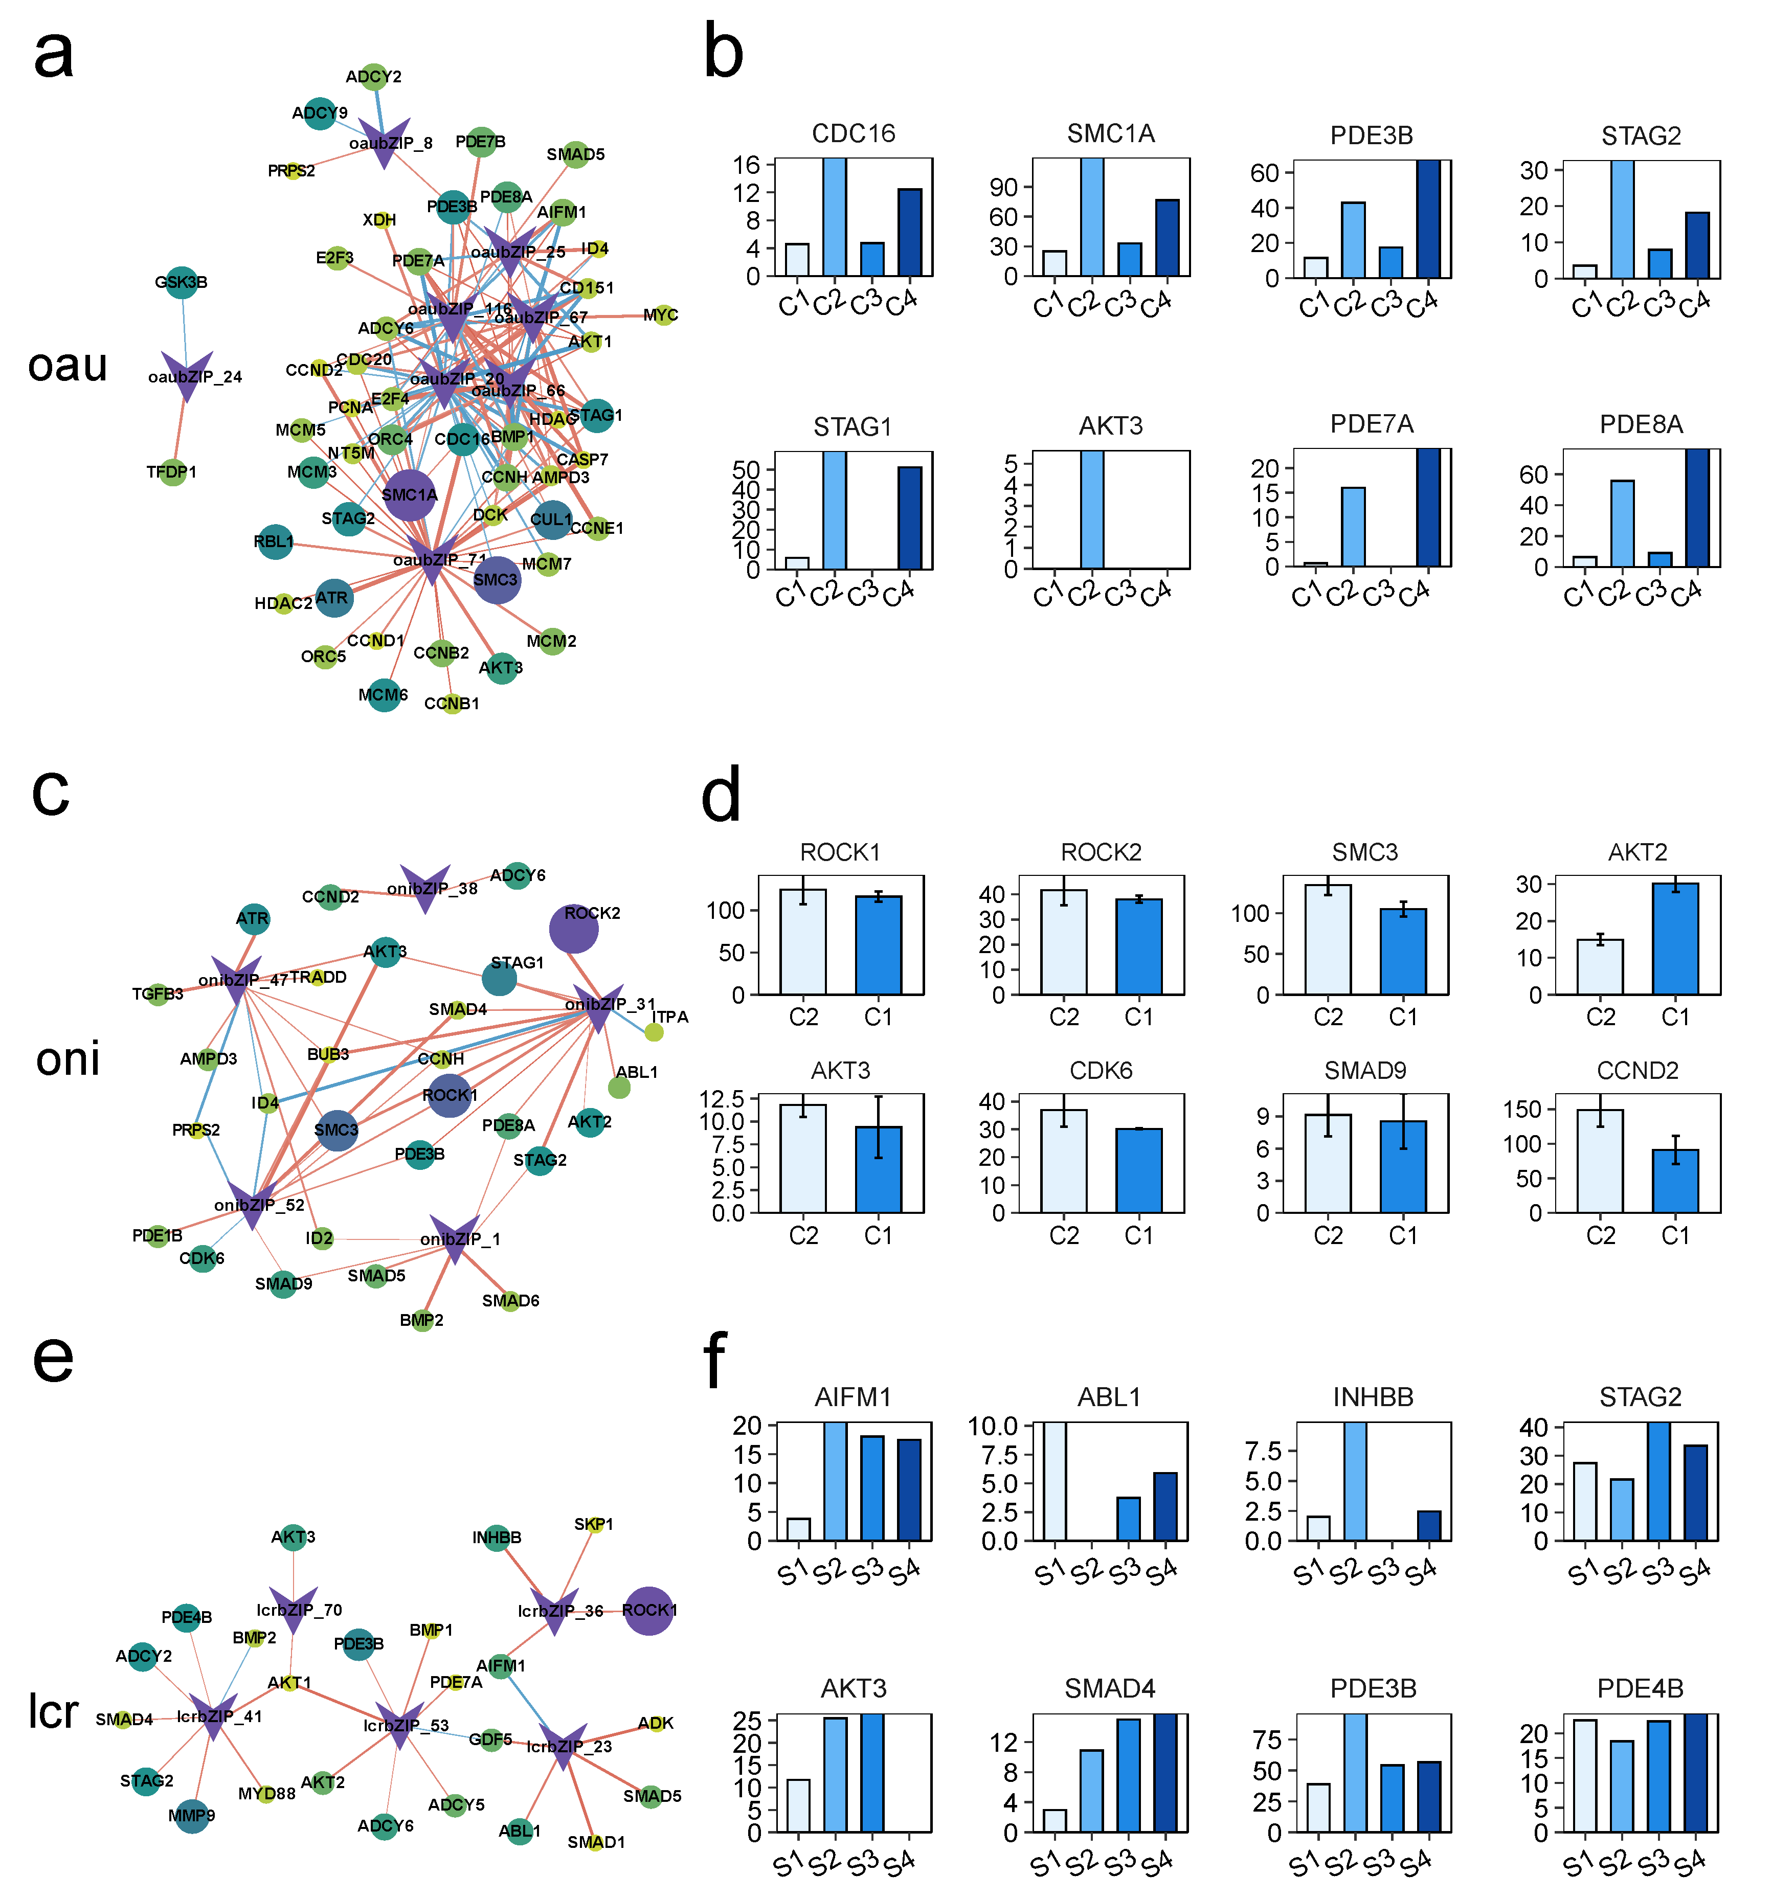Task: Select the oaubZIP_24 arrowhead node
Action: [x=186, y=374]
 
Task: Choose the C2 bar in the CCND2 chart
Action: [x=1600, y=1161]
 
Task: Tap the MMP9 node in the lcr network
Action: [x=192, y=1816]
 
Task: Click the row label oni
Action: [x=68, y=1059]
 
